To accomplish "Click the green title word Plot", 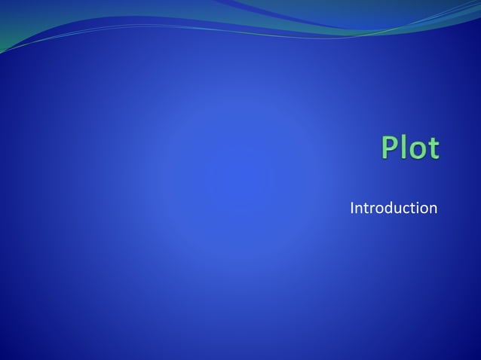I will pos(409,148).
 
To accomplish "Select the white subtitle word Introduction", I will pos(394,207).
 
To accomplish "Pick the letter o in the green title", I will pos(418,151).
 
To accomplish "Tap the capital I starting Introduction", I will pos(352,207).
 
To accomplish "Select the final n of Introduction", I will pos(433,209).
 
